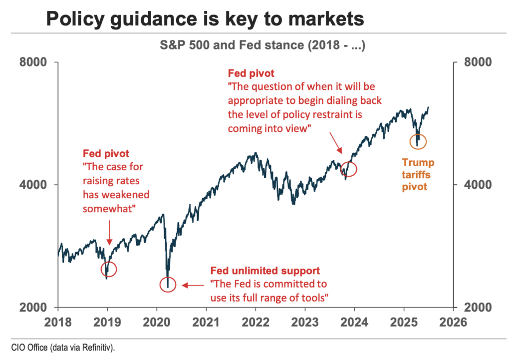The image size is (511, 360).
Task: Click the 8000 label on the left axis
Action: [x=33, y=62]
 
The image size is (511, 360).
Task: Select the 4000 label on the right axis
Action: [x=478, y=185]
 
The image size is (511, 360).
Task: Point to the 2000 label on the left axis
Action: [x=33, y=308]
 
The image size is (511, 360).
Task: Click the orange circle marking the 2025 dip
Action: [x=418, y=141]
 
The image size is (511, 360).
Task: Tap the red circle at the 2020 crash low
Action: [x=168, y=285]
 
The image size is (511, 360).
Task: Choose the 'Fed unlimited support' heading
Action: [x=264, y=271]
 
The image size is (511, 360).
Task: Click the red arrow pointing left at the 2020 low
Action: [x=193, y=285]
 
